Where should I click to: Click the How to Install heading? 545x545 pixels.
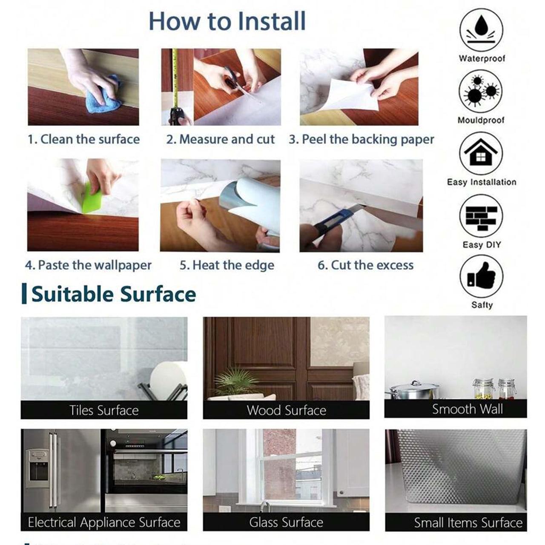[227, 21]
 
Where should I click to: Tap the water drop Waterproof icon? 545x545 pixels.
[481, 30]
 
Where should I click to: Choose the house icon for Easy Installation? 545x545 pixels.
[481, 153]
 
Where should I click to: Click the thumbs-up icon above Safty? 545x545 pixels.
[481, 276]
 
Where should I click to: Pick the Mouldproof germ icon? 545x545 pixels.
[481, 92]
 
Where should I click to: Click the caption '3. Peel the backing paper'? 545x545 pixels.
[361, 139]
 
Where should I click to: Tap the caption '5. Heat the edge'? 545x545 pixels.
[227, 265]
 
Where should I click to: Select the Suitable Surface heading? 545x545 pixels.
[113, 294]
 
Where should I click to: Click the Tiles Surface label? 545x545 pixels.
[104, 410]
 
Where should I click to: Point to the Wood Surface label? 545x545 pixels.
[286, 410]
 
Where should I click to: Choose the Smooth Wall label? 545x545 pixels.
[467, 409]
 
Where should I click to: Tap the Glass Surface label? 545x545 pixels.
[286, 522]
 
